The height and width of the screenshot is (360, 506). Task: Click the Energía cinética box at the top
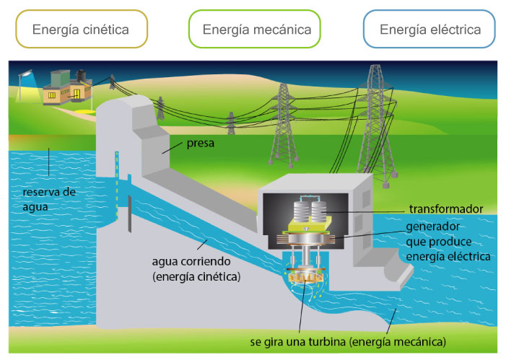click(80, 30)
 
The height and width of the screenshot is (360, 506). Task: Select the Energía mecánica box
click(257, 30)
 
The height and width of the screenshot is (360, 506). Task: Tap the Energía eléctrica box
click(429, 30)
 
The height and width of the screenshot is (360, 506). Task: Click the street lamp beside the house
click(28, 74)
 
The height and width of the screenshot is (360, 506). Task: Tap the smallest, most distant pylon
click(230, 123)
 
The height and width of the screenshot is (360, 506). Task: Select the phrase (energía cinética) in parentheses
click(196, 276)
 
